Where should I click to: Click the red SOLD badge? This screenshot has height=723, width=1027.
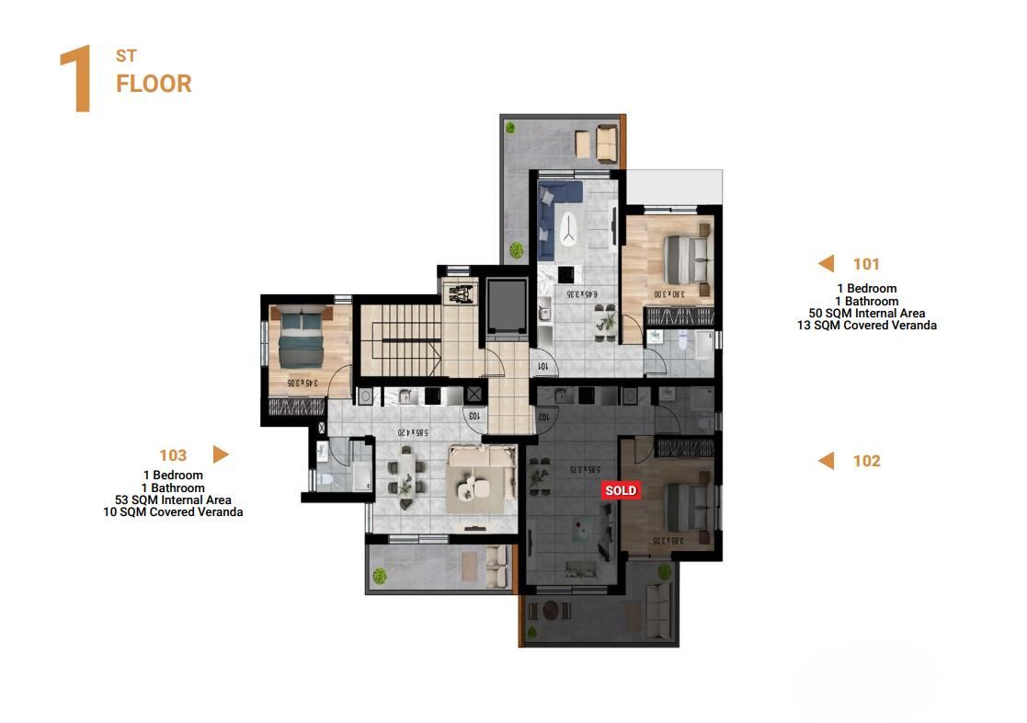point(620,490)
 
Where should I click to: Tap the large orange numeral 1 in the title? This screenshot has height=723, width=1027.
point(76,80)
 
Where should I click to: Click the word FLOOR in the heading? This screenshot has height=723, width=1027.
point(154,84)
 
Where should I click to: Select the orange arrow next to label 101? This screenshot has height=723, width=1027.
point(826,264)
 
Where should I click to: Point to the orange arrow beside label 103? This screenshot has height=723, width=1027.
point(221,454)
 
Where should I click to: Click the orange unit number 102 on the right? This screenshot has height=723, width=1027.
point(866,461)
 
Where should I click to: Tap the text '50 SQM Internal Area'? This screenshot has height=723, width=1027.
point(866,314)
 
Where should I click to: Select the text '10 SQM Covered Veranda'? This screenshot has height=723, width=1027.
point(173,512)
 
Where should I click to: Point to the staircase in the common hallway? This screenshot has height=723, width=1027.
point(399,339)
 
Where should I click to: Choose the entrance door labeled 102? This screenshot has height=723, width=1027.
point(543,415)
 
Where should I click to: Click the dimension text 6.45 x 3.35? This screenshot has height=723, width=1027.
point(582,294)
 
